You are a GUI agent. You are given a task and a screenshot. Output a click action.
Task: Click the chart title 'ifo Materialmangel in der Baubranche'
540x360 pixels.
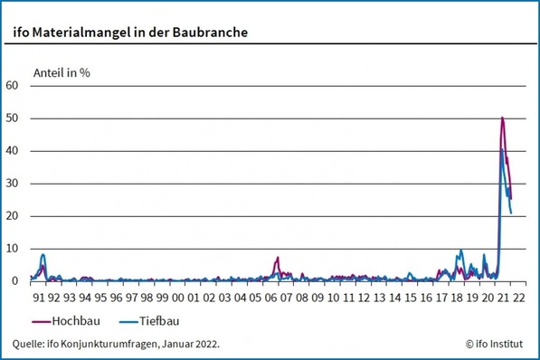tap(130, 33)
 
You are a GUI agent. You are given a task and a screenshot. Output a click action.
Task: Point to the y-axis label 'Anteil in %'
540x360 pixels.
tap(61, 71)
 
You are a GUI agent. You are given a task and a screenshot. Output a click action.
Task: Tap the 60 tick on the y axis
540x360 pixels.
tap(12, 86)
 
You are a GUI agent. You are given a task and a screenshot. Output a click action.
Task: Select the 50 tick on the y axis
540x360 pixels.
tap(12, 118)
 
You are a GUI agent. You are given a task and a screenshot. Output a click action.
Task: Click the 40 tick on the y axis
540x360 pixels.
tap(12, 151)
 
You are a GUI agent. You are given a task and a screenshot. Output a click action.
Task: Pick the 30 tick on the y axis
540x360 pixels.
tap(12, 184)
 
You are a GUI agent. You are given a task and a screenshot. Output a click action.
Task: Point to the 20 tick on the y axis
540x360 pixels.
tap(12, 216)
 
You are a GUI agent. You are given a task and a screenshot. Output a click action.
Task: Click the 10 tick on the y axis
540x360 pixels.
tap(12, 249)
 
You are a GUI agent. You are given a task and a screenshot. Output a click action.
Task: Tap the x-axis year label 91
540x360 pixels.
tap(39, 296)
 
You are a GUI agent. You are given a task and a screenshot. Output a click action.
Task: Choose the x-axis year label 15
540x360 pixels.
tap(411, 296)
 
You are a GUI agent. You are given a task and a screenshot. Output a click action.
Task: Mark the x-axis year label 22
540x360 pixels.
tap(518, 296)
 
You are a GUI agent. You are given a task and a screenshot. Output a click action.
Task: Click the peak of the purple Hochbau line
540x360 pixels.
tap(502, 118)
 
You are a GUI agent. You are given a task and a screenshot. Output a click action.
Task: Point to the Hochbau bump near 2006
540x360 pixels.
tap(278, 258)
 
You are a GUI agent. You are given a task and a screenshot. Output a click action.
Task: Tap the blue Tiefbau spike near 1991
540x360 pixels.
tap(43, 255)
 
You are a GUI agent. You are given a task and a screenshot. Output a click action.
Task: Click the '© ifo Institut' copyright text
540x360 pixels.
tap(497, 344)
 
